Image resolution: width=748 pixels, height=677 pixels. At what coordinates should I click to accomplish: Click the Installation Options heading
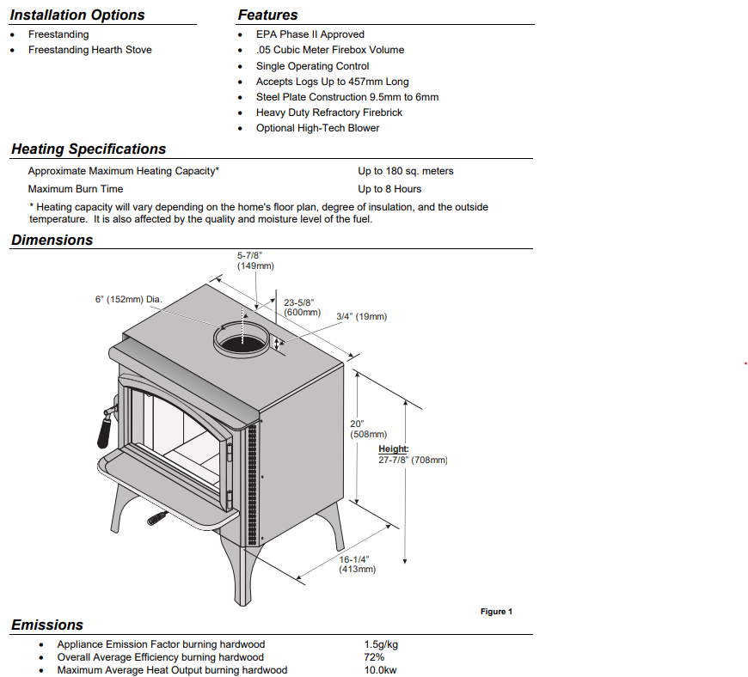77,15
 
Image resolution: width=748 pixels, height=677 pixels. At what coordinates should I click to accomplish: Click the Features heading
267,15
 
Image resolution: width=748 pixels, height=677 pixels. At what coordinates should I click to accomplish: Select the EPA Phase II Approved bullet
310,34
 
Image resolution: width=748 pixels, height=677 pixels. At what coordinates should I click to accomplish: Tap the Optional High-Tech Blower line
317,128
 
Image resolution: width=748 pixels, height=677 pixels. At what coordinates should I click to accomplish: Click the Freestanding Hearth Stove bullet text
89,50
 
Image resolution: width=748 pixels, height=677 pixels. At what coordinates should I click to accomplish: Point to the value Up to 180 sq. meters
405,171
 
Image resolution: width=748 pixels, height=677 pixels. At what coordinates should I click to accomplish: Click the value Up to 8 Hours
389,189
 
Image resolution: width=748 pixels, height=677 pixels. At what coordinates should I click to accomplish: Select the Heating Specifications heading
89,149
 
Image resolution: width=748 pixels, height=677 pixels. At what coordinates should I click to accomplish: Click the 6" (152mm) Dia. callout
128,300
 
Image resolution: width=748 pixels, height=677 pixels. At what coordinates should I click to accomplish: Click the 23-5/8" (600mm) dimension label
301,307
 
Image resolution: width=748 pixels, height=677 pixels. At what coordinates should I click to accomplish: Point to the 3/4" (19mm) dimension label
361,316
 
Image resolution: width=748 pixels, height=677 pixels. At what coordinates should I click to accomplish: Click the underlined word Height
394,449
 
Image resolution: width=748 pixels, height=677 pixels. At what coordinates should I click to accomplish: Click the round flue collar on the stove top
242,338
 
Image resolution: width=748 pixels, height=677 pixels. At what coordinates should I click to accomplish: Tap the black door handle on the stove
104,430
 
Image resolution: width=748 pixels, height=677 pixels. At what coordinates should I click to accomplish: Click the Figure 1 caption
496,612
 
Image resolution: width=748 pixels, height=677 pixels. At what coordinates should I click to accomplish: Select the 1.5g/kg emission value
381,644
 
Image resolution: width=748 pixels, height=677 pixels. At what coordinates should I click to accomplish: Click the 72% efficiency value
374,657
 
